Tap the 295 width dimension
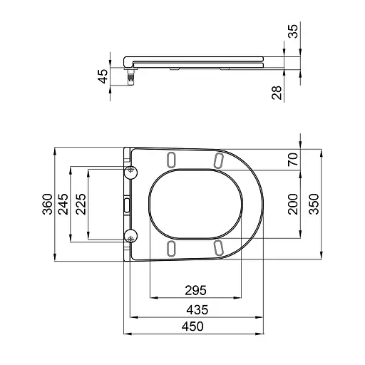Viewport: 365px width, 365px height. click(x=195, y=290)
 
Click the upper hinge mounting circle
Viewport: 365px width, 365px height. click(x=130, y=170)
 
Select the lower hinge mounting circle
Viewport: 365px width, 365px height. click(x=130, y=237)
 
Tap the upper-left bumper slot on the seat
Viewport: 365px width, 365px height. click(x=172, y=159)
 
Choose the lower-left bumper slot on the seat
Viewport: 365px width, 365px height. click(x=172, y=247)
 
